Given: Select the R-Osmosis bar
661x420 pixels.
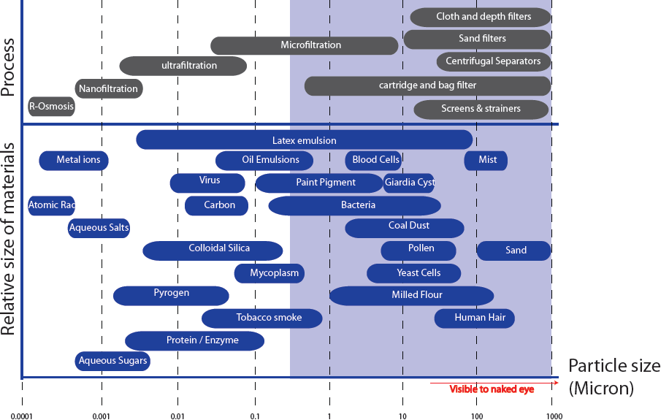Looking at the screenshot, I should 51,107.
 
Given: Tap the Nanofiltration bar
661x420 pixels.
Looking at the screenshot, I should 108,89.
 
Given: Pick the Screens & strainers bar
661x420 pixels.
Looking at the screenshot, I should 481,109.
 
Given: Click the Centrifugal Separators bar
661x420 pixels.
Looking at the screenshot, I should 493,61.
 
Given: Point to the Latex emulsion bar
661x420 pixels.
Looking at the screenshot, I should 304,140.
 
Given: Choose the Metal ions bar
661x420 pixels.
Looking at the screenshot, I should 74,161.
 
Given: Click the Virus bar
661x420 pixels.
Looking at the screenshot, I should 208,182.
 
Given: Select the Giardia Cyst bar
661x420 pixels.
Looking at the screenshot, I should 408,183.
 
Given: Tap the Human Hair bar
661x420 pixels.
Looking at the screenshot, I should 474,318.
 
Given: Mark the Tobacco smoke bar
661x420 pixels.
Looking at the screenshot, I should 261,318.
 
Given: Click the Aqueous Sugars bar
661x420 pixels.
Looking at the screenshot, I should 112,360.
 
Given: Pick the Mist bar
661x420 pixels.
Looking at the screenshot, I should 486,161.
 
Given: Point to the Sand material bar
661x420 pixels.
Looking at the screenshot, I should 514,251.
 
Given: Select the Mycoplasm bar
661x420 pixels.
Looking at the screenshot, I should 269,273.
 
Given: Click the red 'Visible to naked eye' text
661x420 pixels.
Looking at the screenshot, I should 492,389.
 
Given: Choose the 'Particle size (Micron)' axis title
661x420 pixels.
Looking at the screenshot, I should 614,376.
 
